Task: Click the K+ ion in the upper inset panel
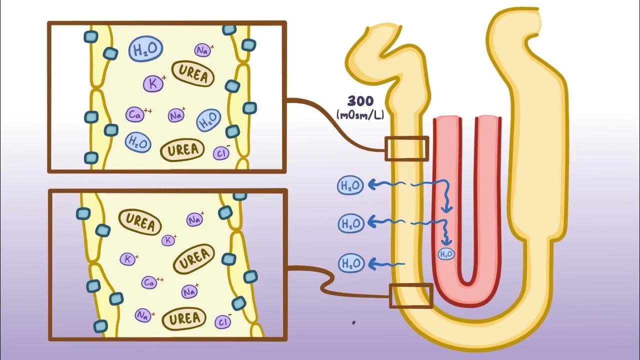coord(153,83)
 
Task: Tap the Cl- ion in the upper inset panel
coord(221,153)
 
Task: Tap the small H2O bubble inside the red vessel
coord(446,254)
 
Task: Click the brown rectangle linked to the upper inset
coord(406,148)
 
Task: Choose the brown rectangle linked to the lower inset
coord(410,295)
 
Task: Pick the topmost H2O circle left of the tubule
coord(350,185)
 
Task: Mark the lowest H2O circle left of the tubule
coord(350,263)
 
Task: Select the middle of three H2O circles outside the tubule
coord(350,223)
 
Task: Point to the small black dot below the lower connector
coord(353,323)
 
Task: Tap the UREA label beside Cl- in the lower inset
coord(184,318)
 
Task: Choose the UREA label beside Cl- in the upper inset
coord(182,150)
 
